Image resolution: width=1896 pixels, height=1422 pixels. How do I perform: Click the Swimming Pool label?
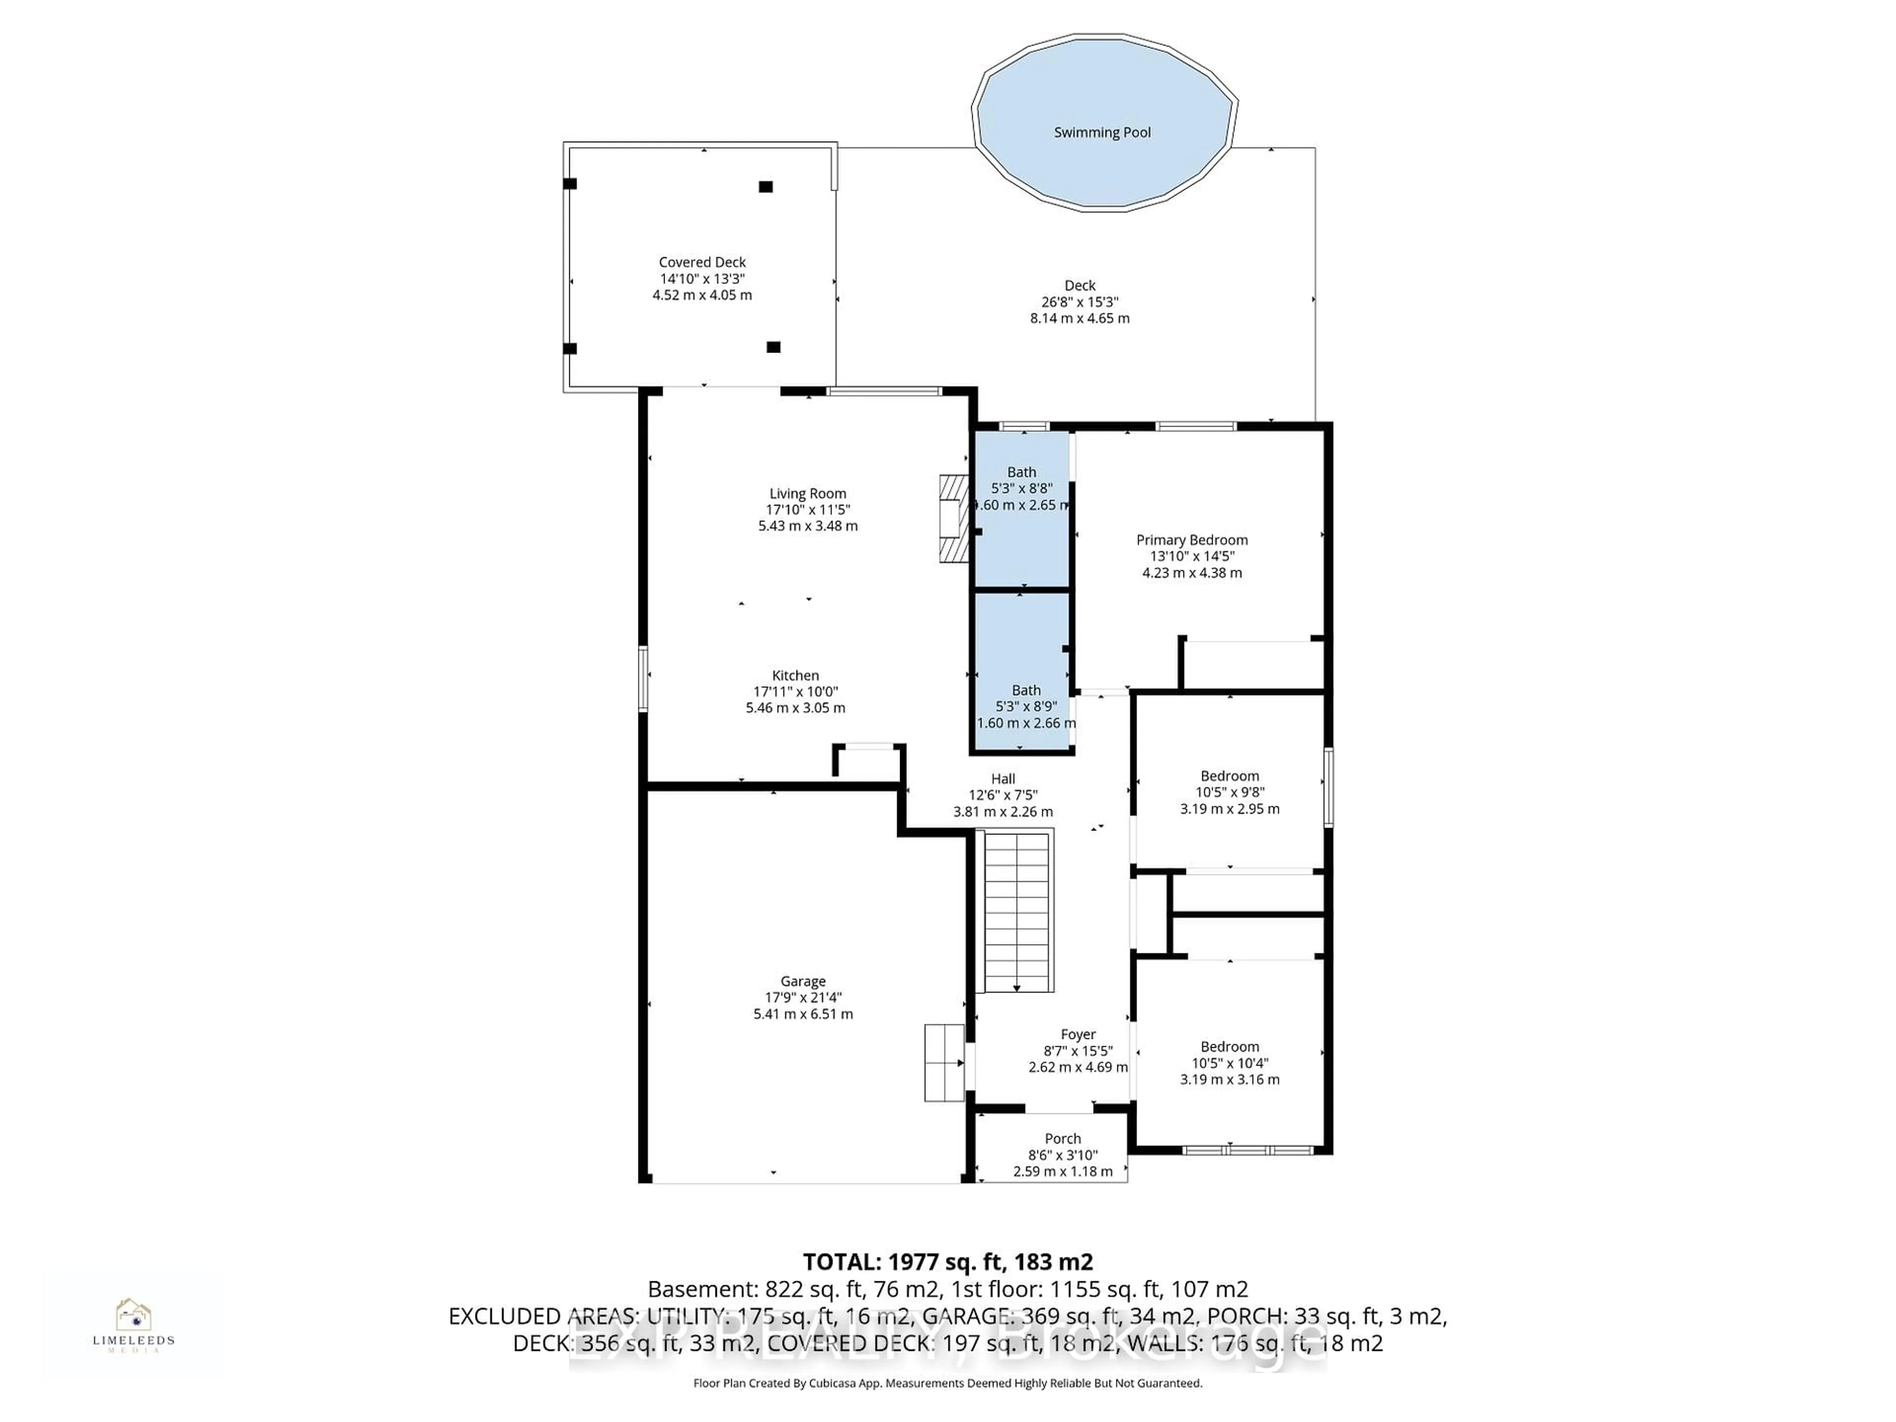(1102, 132)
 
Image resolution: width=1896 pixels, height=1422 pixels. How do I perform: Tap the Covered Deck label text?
(702, 262)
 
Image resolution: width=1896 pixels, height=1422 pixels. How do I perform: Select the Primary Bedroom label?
(1191, 540)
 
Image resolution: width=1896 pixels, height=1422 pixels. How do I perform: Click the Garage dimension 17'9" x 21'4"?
(803, 998)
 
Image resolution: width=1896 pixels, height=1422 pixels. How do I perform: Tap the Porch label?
(1063, 1138)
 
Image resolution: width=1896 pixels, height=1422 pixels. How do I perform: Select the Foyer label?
(1077, 1034)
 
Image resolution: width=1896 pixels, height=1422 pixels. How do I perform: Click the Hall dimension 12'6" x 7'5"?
(1003, 795)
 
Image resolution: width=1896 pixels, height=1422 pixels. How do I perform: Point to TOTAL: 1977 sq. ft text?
(947, 1262)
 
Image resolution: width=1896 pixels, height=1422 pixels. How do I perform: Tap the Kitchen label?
(795, 675)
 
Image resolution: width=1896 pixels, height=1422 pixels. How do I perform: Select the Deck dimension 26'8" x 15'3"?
(1080, 302)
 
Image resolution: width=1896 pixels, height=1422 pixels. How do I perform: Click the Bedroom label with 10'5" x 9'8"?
(1229, 776)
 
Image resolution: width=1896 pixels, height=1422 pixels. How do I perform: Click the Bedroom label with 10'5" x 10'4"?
(1229, 1047)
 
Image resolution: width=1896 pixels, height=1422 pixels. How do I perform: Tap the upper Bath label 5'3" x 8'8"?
(1021, 473)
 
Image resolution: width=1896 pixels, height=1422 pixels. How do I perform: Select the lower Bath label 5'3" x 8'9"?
(1026, 690)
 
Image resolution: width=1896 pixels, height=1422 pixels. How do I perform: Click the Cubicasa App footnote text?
(947, 1382)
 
